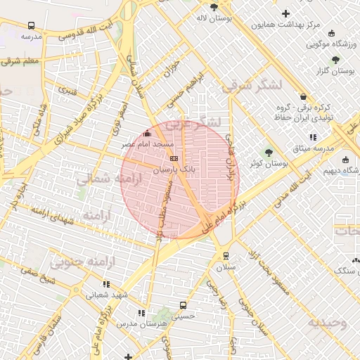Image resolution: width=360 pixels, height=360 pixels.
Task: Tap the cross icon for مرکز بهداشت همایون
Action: pyautogui.click(x=285, y=13)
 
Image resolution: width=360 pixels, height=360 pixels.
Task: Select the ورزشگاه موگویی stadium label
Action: pyautogui.click(x=328, y=44)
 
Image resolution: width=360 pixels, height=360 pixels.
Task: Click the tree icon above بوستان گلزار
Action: pyautogui.click(x=335, y=60)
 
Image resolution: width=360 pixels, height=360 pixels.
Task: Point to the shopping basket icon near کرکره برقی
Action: pyautogui.click(x=303, y=96)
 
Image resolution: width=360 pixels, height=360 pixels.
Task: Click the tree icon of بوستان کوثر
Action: pyautogui.click(x=267, y=152)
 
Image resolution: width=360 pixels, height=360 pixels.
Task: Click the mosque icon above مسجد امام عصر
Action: pyautogui.click(x=147, y=134)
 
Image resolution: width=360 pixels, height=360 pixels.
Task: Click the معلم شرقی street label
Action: pyautogui.click(x=22, y=61)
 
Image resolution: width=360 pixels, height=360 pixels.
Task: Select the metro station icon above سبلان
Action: pyautogui.click(x=226, y=256)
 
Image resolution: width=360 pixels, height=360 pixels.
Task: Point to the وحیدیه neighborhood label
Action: pyautogui.click(x=326, y=322)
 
